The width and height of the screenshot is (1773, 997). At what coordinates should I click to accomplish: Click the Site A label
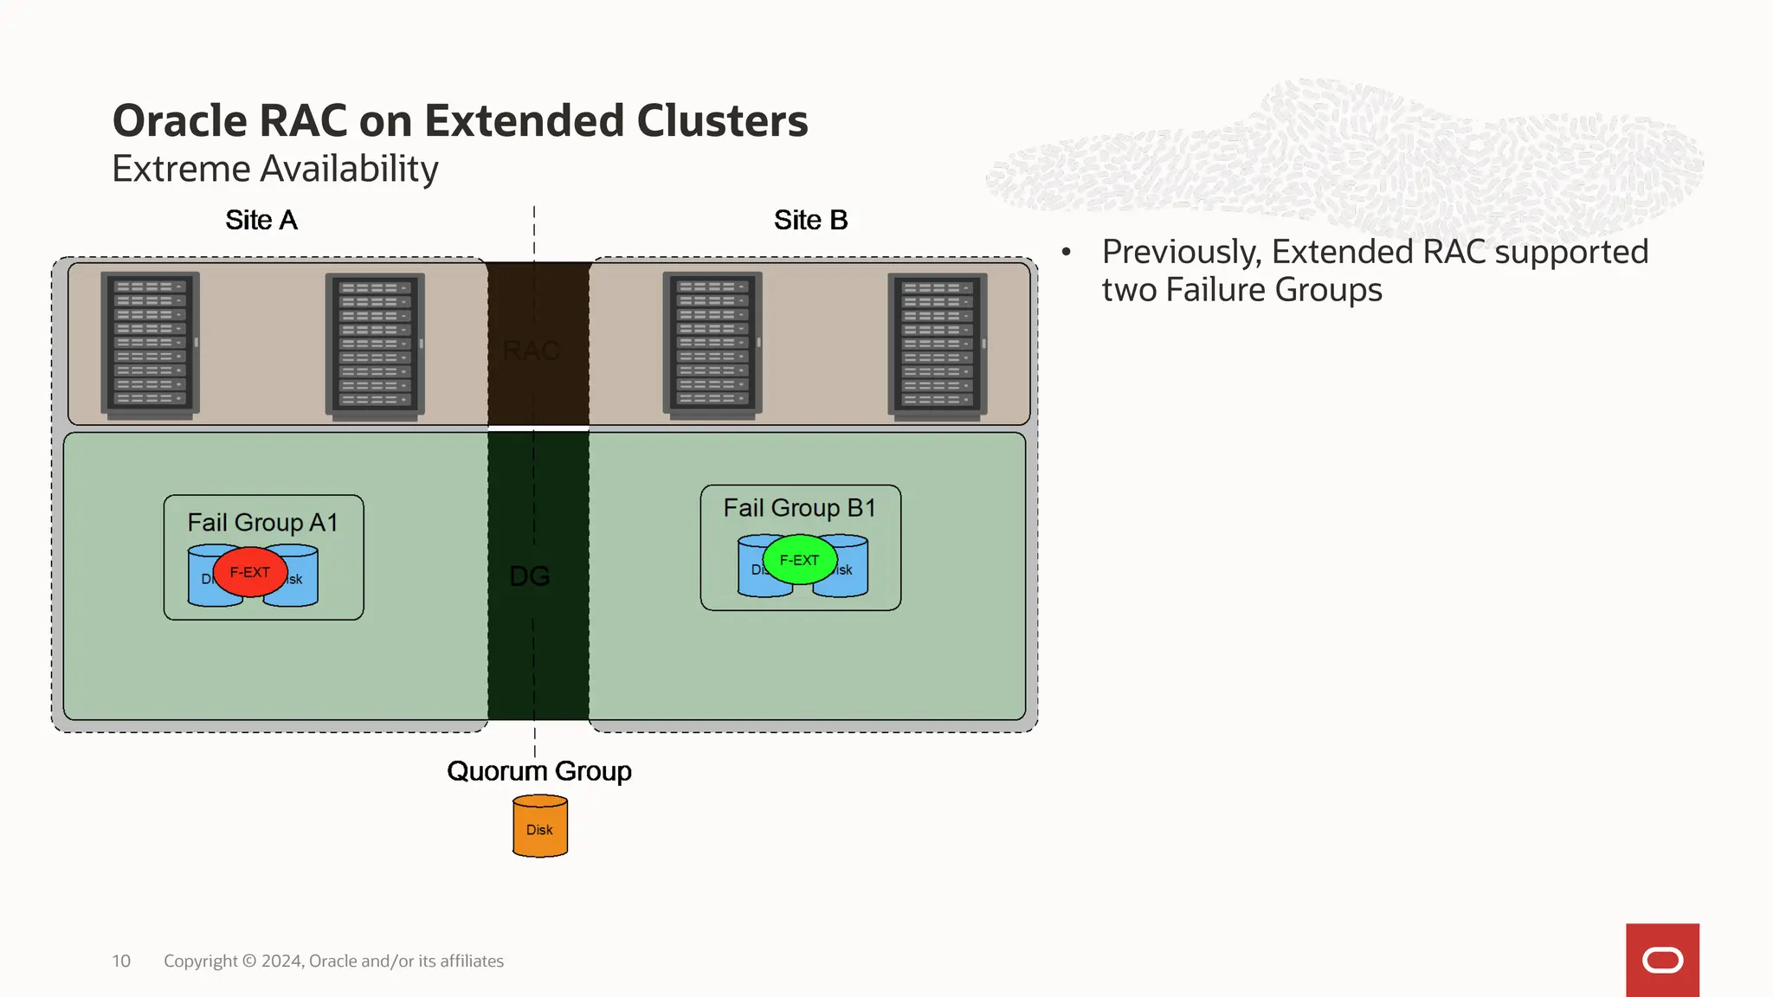coord(261,221)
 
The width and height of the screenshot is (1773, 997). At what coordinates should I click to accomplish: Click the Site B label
coord(810,221)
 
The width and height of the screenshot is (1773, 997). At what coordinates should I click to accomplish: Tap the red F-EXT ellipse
coord(249,572)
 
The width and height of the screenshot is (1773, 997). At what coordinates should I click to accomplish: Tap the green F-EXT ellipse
coord(799,560)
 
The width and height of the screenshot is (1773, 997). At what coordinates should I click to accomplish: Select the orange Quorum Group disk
coord(539,827)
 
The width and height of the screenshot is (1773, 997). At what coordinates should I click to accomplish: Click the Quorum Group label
coord(538,771)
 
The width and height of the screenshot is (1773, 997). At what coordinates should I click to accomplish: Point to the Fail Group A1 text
coord(262,523)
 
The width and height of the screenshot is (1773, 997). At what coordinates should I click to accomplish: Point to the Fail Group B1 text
coord(799,508)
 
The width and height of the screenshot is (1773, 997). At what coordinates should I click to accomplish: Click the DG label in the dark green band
coord(530,576)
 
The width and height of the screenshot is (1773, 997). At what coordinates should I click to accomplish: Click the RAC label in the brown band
coord(531,351)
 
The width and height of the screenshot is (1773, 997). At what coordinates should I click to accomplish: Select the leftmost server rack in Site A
coord(150,344)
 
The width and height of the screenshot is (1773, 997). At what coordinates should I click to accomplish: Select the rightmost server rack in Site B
coord(938,345)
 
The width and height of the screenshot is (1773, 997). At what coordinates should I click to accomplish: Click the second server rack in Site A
coord(375,345)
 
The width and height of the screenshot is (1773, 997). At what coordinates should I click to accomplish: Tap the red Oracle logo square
coord(1662,960)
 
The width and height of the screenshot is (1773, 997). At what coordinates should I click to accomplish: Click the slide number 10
coord(121,962)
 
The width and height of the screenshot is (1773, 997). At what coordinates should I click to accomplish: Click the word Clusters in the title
coord(722,121)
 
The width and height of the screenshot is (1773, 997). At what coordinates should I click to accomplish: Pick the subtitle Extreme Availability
coord(275,169)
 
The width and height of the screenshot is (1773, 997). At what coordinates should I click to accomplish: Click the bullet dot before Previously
coord(1067,252)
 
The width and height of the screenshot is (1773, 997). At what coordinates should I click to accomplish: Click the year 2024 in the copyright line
coord(281,962)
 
